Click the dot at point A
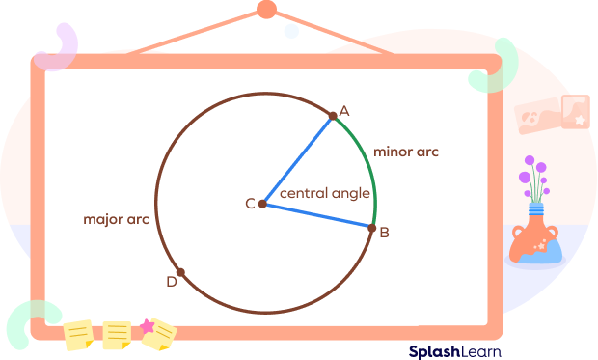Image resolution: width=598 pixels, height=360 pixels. (333, 116)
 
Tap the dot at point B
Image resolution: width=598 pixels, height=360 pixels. (371, 227)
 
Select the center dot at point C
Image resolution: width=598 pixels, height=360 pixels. (262, 204)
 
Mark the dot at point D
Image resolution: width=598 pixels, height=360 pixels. (180, 273)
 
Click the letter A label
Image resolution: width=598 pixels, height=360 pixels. (343, 111)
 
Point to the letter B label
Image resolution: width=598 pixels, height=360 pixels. (384, 233)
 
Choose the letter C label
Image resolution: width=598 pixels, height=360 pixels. (250, 204)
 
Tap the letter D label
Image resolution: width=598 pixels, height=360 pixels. (171, 282)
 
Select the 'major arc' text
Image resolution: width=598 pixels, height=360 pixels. (116, 220)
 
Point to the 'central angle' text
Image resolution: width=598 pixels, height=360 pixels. (325, 194)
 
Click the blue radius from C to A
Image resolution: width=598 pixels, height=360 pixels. (298, 159)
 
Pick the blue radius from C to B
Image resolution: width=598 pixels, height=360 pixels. (316, 215)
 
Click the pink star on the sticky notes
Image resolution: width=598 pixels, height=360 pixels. (148, 326)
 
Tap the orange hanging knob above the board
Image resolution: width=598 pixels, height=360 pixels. (267, 11)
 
